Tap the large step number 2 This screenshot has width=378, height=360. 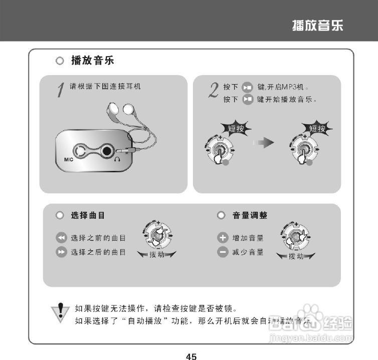coord(213,90)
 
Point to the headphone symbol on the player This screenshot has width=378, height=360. coord(117,159)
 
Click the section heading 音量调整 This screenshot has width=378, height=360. coord(250,215)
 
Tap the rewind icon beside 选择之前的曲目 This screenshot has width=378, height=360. coord(61,237)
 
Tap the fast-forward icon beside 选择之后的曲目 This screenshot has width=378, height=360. coord(61,252)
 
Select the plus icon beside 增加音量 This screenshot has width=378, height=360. coord(223,237)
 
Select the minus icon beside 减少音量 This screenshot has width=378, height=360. coord(223,252)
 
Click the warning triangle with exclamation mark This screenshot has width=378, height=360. coord(61,311)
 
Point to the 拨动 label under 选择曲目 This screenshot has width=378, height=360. coord(157,255)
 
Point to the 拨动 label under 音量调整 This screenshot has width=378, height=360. coord(296,256)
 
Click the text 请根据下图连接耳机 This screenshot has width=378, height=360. coord(105,86)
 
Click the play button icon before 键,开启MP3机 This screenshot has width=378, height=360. coord(247,87)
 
